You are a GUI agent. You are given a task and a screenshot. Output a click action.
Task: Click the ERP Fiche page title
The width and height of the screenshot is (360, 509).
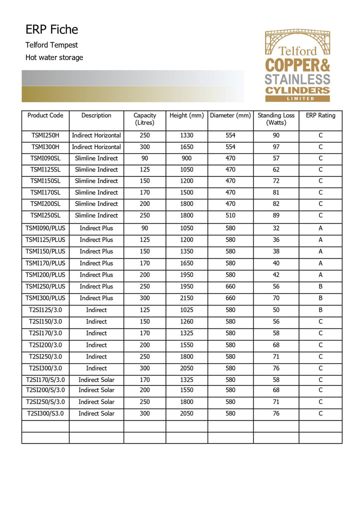[x=51, y=29]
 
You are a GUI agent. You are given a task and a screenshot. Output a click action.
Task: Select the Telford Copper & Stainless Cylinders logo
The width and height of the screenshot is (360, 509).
[x=297, y=65]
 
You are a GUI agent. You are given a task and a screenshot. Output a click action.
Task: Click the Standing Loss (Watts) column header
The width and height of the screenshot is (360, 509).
[x=276, y=119]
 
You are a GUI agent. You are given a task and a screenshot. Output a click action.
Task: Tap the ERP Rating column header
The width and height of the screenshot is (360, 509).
[x=320, y=115]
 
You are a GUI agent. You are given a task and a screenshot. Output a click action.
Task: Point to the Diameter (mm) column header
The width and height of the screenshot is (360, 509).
[x=230, y=115]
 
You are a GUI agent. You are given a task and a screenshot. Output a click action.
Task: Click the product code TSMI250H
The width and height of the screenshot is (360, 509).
[x=45, y=135]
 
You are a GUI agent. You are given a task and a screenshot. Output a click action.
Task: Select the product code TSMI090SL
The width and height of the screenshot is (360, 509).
[x=45, y=158]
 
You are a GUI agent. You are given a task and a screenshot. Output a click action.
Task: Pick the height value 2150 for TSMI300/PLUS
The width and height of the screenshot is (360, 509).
[x=186, y=298]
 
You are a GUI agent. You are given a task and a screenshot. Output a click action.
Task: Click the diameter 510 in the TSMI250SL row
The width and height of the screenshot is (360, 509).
[x=230, y=215]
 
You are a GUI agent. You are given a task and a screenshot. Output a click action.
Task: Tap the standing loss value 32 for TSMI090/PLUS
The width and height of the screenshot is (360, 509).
[x=276, y=228]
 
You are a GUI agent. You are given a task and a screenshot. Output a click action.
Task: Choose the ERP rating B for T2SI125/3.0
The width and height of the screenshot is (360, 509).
[x=320, y=310]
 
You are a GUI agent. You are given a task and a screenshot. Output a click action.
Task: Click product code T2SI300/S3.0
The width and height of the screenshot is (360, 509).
[x=45, y=413]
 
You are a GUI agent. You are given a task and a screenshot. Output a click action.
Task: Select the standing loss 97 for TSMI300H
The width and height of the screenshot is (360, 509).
[x=276, y=147]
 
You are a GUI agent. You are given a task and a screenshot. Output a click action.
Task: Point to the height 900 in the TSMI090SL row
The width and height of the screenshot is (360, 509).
[x=186, y=158]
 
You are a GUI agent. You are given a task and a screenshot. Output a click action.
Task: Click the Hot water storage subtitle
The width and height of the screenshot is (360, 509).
[x=54, y=57]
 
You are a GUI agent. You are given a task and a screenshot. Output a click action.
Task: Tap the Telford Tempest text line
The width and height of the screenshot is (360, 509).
[x=51, y=45]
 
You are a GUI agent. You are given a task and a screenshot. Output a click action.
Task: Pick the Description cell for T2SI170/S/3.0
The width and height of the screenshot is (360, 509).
[x=96, y=380]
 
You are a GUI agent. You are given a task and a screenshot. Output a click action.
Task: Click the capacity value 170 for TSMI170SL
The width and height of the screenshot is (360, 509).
[x=144, y=192]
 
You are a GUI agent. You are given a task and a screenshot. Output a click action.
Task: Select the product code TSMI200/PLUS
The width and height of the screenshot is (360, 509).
[x=45, y=275]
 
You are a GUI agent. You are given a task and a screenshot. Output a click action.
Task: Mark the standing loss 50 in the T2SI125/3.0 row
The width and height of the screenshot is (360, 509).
[x=276, y=310]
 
